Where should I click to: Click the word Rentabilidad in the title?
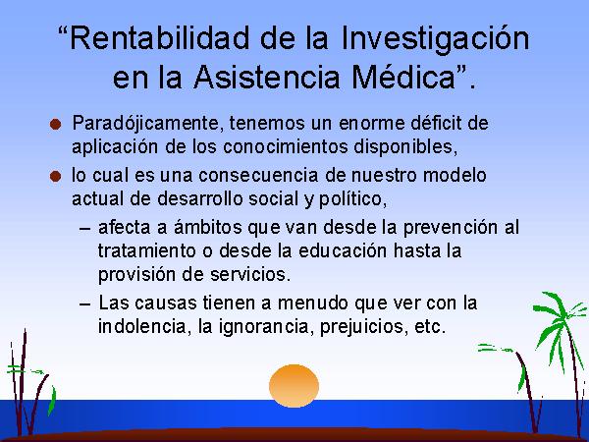[x=160, y=38]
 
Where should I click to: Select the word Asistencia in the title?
[x=266, y=77]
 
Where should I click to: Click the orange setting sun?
[x=294, y=386]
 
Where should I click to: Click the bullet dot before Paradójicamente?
[x=55, y=124]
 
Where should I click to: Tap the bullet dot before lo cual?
[x=55, y=176]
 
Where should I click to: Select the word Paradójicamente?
[x=145, y=124]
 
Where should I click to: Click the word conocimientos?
[x=285, y=146]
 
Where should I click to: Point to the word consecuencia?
[x=258, y=175]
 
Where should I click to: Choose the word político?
[x=352, y=199]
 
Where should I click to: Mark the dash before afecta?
[x=85, y=229]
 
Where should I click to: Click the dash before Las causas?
[x=85, y=304]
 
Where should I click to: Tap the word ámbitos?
[x=208, y=227]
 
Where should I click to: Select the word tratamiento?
[x=147, y=250]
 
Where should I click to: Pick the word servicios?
[x=250, y=274]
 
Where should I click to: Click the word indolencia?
[x=142, y=326]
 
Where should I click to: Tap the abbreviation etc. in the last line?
[x=430, y=327]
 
